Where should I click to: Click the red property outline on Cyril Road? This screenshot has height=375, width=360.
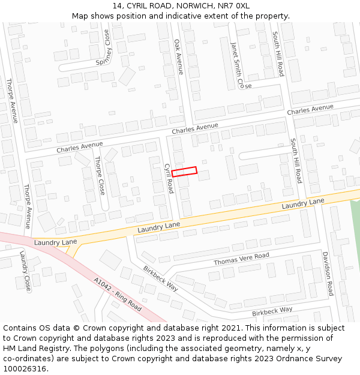(x=184, y=172)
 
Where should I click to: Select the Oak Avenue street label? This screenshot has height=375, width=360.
(x=178, y=57)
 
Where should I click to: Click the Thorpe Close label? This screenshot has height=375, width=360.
(x=100, y=176)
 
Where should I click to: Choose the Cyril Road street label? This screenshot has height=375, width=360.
(x=169, y=178)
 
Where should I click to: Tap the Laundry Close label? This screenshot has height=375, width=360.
(x=25, y=271)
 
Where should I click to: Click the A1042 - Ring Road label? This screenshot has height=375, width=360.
(x=118, y=294)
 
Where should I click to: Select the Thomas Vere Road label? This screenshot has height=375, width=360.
(x=241, y=259)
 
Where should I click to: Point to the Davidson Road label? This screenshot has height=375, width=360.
(x=328, y=274)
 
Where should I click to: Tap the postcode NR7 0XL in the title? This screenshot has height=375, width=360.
(x=236, y=6)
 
